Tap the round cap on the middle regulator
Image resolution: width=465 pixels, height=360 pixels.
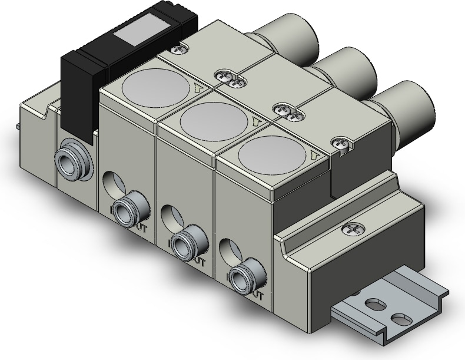[x=214, y=120]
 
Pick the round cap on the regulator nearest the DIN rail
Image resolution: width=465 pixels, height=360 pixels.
[x=274, y=154]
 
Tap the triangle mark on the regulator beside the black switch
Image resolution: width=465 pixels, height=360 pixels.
[x=197, y=89]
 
